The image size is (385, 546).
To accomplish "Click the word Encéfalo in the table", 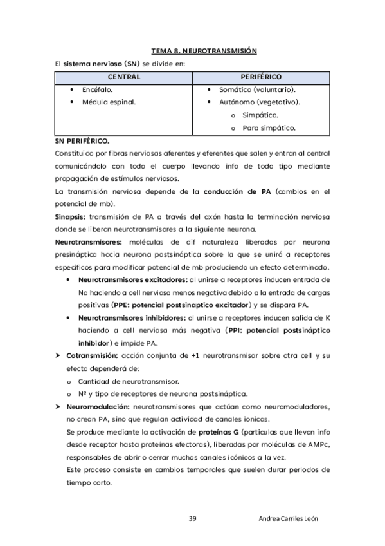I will coord(98,89).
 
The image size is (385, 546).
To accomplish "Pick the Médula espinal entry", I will coord(109,102).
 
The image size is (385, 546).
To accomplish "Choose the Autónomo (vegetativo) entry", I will coord(260,102).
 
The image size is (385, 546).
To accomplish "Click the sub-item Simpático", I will coord(260,115).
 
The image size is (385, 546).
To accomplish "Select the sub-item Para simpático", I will coord(269,127).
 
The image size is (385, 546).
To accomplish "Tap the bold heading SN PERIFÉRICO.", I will coord(82,140).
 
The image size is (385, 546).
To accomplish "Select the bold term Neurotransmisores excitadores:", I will coord(132,280).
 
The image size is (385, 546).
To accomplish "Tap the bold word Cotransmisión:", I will coord(93,355).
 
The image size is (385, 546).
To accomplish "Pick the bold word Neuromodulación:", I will coord(98,406).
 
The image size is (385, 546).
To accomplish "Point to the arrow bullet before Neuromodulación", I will coord(58,406).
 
